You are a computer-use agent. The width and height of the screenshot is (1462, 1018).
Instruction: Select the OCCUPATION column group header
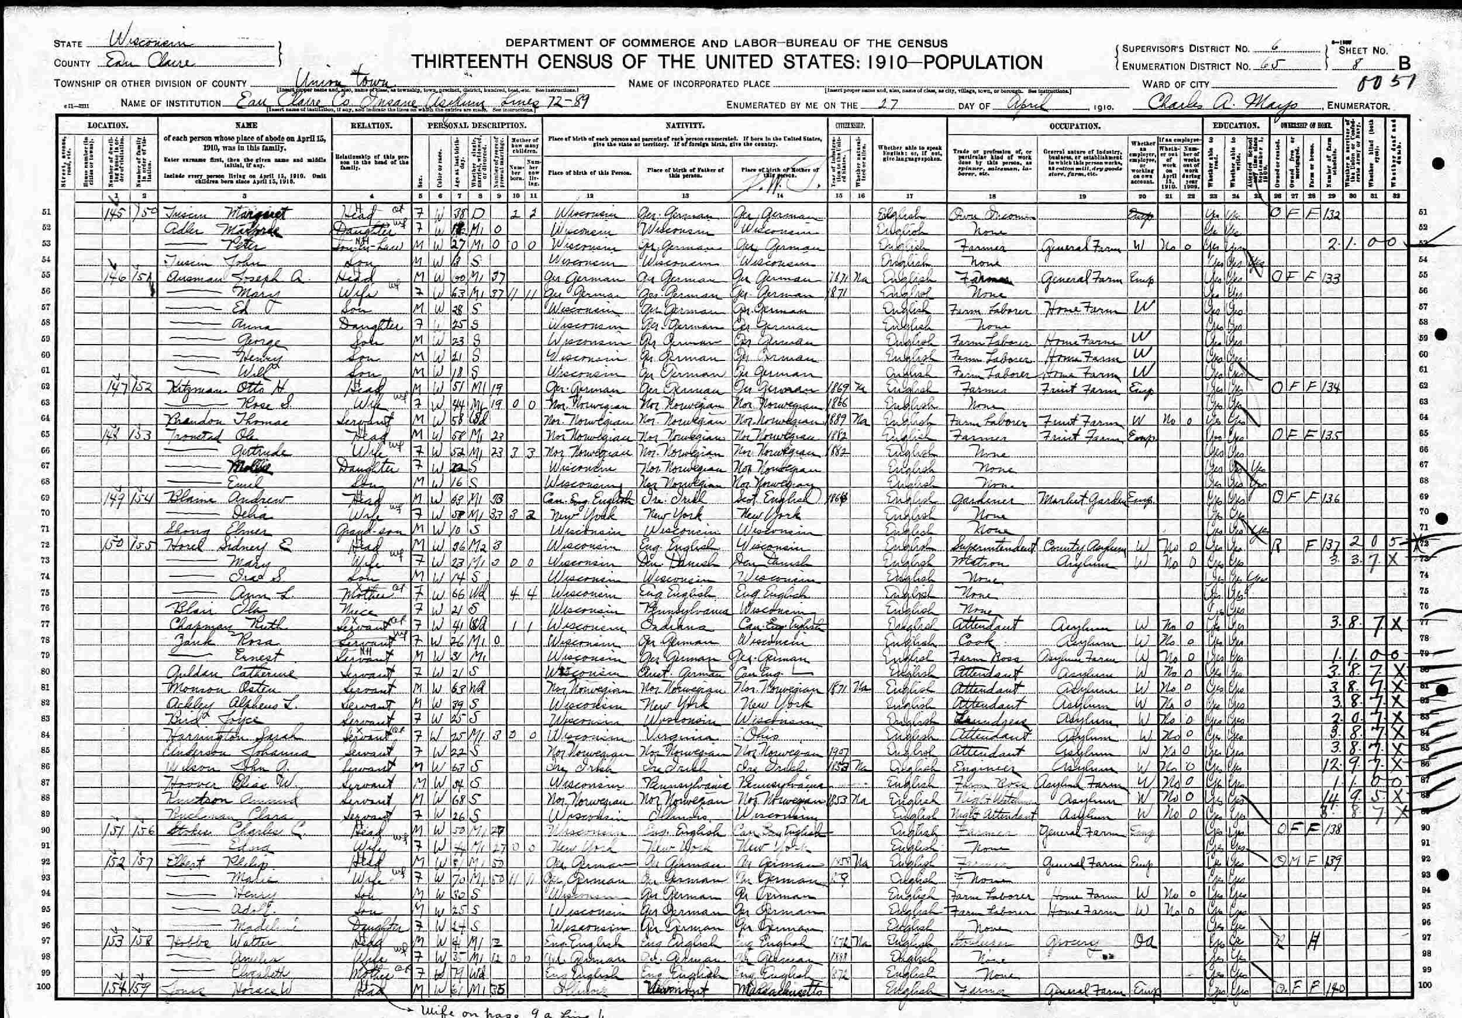1074,126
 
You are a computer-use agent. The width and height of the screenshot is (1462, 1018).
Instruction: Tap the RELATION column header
371,126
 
